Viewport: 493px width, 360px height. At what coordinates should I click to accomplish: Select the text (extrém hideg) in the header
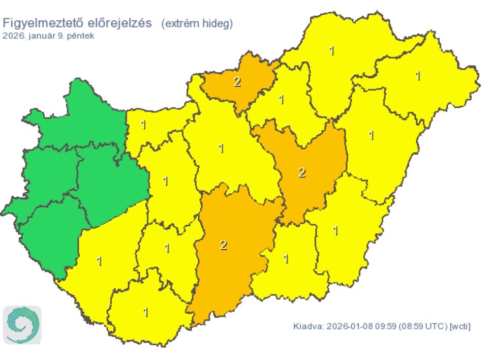pyautogui.click(x=197, y=24)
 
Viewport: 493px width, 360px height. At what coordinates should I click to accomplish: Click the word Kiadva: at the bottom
pyautogui.click(x=308, y=326)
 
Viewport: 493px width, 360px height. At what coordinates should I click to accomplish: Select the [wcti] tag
pyautogui.click(x=460, y=326)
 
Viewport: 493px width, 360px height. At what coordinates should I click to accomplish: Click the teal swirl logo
pyautogui.click(x=22, y=324)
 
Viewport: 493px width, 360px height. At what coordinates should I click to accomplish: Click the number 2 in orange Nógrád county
pyautogui.click(x=237, y=82)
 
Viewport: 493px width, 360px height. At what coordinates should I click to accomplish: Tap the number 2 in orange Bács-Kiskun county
pyautogui.click(x=223, y=245)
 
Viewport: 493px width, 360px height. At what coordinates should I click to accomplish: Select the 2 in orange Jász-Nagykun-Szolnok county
pyautogui.click(x=302, y=172)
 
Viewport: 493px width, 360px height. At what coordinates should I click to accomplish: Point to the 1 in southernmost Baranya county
pyautogui.click(x=146, y=312)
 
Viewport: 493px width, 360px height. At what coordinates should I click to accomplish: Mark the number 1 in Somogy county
pyautogui.click(x=99, y=261)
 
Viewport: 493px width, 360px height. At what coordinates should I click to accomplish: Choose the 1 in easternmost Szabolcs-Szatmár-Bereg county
pyautogui.click(x=418, y=76)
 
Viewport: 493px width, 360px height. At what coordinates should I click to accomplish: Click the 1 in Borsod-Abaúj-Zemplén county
pyautogui.click(x=332, y=51)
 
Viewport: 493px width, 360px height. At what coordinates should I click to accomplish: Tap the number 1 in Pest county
pyautogui.click(x=221, y=148)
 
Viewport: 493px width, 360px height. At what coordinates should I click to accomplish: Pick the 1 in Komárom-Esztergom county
pyautogui.click(x=143, y=125)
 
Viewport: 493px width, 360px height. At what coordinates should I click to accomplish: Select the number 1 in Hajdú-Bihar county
pyautogui.click(x=372, y=136)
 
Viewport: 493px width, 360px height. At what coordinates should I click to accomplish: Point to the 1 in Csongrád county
pyautogui.click(x=286, y=259)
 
